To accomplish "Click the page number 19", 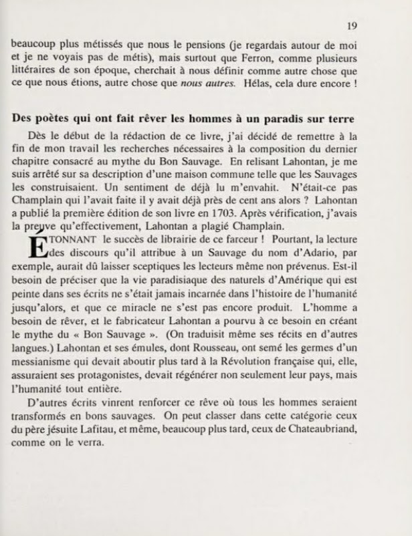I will tap(352, 26).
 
